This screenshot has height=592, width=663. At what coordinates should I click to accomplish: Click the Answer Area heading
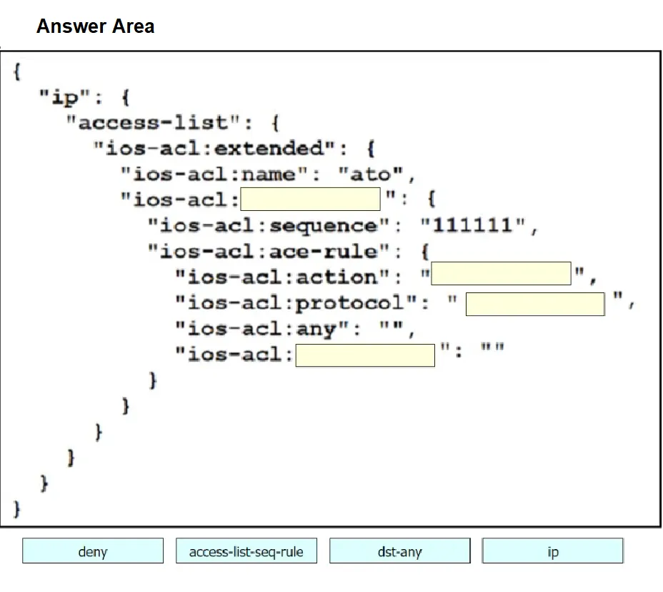pos(96,26)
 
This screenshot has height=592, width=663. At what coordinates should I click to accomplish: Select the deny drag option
pos(93,551)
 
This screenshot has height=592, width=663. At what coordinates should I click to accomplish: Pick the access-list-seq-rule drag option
pos(246,551)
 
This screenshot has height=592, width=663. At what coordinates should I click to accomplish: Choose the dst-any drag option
pos(399,551)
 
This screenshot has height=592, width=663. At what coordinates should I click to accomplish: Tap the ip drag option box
pos(553,551)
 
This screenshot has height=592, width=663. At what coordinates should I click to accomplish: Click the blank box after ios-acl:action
pos(501,273)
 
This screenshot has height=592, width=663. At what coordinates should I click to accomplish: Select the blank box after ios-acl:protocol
pos(535,304)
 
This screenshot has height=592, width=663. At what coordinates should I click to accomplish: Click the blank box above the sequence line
pos(310,199)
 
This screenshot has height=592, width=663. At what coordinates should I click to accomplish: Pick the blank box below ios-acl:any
pos(365,355)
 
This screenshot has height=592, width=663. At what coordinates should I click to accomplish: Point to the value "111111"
pos(473,225)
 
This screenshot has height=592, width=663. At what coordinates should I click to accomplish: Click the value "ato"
pos(370,174)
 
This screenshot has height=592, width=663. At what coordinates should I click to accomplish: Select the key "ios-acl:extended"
pos(214,148)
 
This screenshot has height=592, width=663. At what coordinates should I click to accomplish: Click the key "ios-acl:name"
pos(214,174)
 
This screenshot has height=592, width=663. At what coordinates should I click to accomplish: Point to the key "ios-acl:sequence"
pos(269,225)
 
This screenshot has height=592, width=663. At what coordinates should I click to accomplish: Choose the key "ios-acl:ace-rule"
pos(269,252)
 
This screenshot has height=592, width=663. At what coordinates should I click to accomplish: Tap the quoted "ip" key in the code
pos(65,97)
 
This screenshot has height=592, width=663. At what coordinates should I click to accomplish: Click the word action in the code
pos(337,277)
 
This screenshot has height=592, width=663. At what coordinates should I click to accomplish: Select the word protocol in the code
pos(349,303)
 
